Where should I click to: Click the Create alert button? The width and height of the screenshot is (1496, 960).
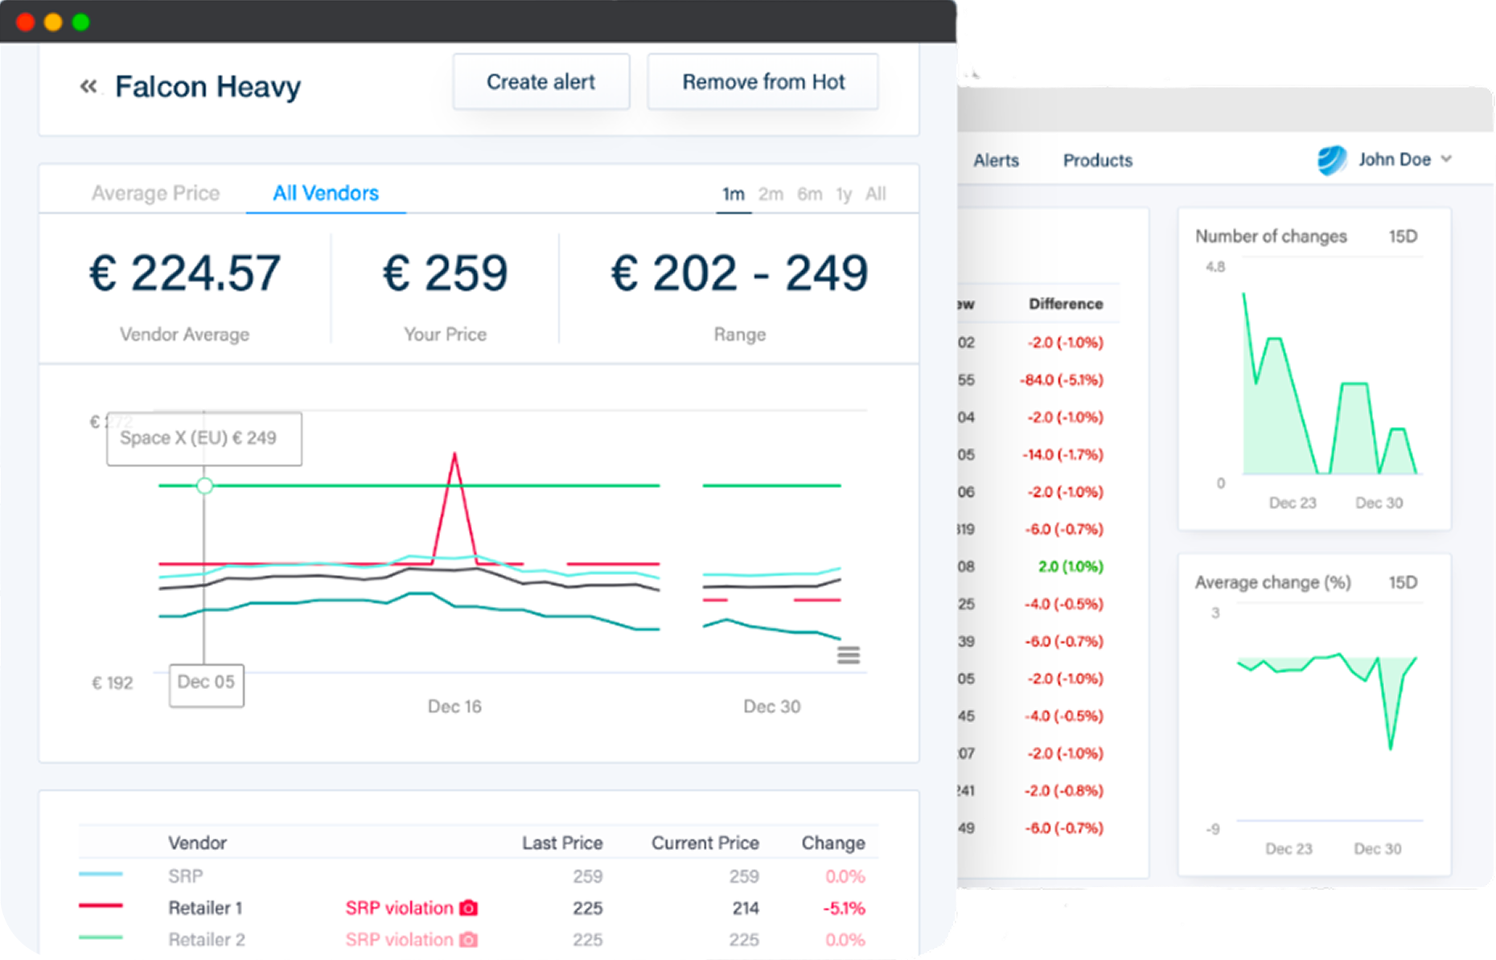point(540,82)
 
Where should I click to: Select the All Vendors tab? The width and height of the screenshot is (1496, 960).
point(326,193)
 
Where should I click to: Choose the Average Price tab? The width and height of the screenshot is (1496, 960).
point(155,193)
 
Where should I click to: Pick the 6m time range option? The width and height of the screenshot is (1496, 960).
point(809,194)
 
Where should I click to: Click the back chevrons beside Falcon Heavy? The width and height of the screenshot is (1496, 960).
point(88,86)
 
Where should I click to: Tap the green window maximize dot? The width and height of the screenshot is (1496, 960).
point(80,22)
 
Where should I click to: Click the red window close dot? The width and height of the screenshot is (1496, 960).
point(25,22)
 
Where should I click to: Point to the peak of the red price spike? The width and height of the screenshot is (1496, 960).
point(454,455)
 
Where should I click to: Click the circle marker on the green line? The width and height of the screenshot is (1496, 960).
point(205,486)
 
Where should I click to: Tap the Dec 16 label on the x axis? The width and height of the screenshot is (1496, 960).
point(454,706)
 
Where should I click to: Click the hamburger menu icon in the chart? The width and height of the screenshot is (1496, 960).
point(849,655)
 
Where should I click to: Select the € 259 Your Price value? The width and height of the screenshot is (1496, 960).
point(445,273)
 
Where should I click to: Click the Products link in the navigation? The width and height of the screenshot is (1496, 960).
point(1097,160)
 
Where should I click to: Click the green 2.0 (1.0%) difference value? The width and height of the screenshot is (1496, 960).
point(1070,566)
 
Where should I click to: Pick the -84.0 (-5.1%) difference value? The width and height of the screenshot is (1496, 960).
point(1061,379)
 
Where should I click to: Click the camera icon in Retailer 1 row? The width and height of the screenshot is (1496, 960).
point(468,908)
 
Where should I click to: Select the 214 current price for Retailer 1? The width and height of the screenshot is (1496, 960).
point(745,908)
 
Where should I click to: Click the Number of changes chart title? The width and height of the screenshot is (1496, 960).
point(1270,236)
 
